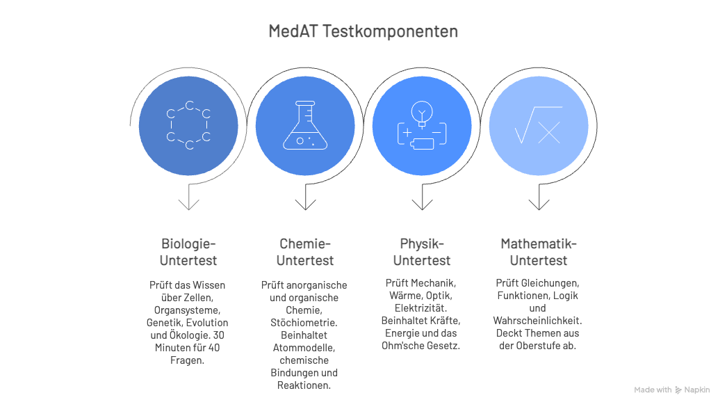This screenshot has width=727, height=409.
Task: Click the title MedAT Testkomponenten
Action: click(363, 31)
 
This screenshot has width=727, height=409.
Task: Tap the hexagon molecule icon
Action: click(189, 125)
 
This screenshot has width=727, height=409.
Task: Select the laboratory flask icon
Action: click(305, 125)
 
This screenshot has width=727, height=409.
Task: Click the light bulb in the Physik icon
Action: click(422, 114)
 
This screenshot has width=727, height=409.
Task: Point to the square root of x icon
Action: click(538, 125)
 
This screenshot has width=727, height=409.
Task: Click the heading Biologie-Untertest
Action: click(188, 252)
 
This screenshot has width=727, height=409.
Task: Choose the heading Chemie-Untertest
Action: click(305, 252)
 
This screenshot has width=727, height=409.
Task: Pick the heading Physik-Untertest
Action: click(422, 252)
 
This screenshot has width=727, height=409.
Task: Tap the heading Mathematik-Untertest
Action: click(539, 252)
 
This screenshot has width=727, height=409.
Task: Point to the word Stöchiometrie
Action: click(304, 323)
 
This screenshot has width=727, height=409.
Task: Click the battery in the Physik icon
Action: click(422, 144)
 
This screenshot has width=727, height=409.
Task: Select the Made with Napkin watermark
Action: click(672, 390)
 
